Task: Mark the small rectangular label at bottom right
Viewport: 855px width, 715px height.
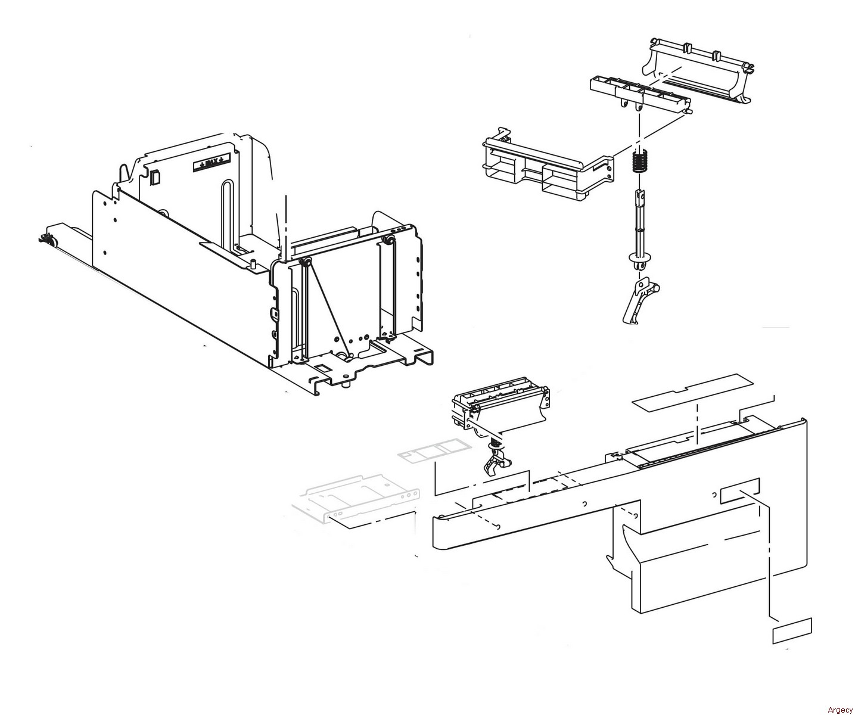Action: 791,631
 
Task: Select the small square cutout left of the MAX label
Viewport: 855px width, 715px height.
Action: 155,178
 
